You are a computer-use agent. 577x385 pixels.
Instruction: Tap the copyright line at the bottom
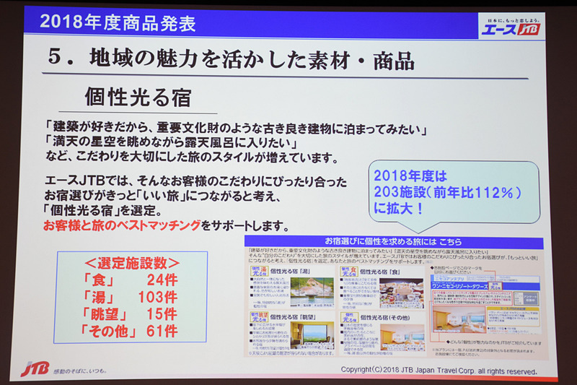tap(439, 371)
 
